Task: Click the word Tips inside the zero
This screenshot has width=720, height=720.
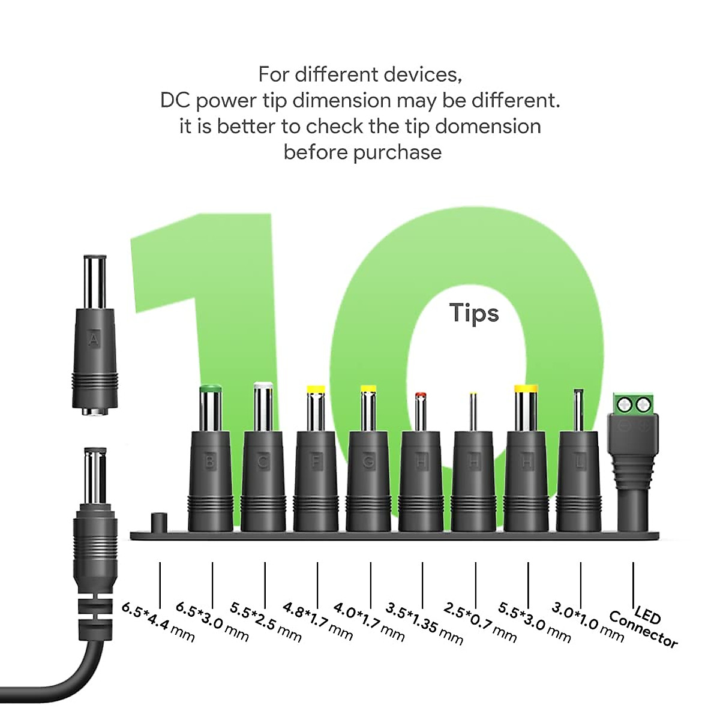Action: pyautogui.click(x=474, y=313)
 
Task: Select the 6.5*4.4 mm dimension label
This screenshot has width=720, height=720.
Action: pyautogui.click(x=158, y=622)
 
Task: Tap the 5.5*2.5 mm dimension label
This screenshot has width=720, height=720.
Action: pyautogui.click(x=266, y=622)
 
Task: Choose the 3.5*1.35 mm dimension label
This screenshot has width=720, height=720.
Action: pyautogui.click(x=424, y=624)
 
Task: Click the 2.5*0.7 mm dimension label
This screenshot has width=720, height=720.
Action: pyautogui.click(x=480, y=623)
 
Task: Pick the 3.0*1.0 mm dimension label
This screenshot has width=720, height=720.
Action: pyautogui.click(x=587, y=622)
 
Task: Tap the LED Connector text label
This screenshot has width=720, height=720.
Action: pyautogui.click(x=643, y=628)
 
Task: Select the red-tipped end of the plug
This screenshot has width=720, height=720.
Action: pyautogui.click(x=421, y=395)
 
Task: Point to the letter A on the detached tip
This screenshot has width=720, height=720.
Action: pyautogui.click(x=94, y=340)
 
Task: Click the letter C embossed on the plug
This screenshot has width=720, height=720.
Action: pyautogui.click(x=263, y=461)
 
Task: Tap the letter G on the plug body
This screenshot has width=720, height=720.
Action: pyautogui.click(x=368, y=461)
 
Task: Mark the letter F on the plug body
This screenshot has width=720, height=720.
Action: pyautogui.click(x=316, y=461)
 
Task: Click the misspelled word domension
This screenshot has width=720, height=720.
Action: pyautogui.click(x=488, y=127)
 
